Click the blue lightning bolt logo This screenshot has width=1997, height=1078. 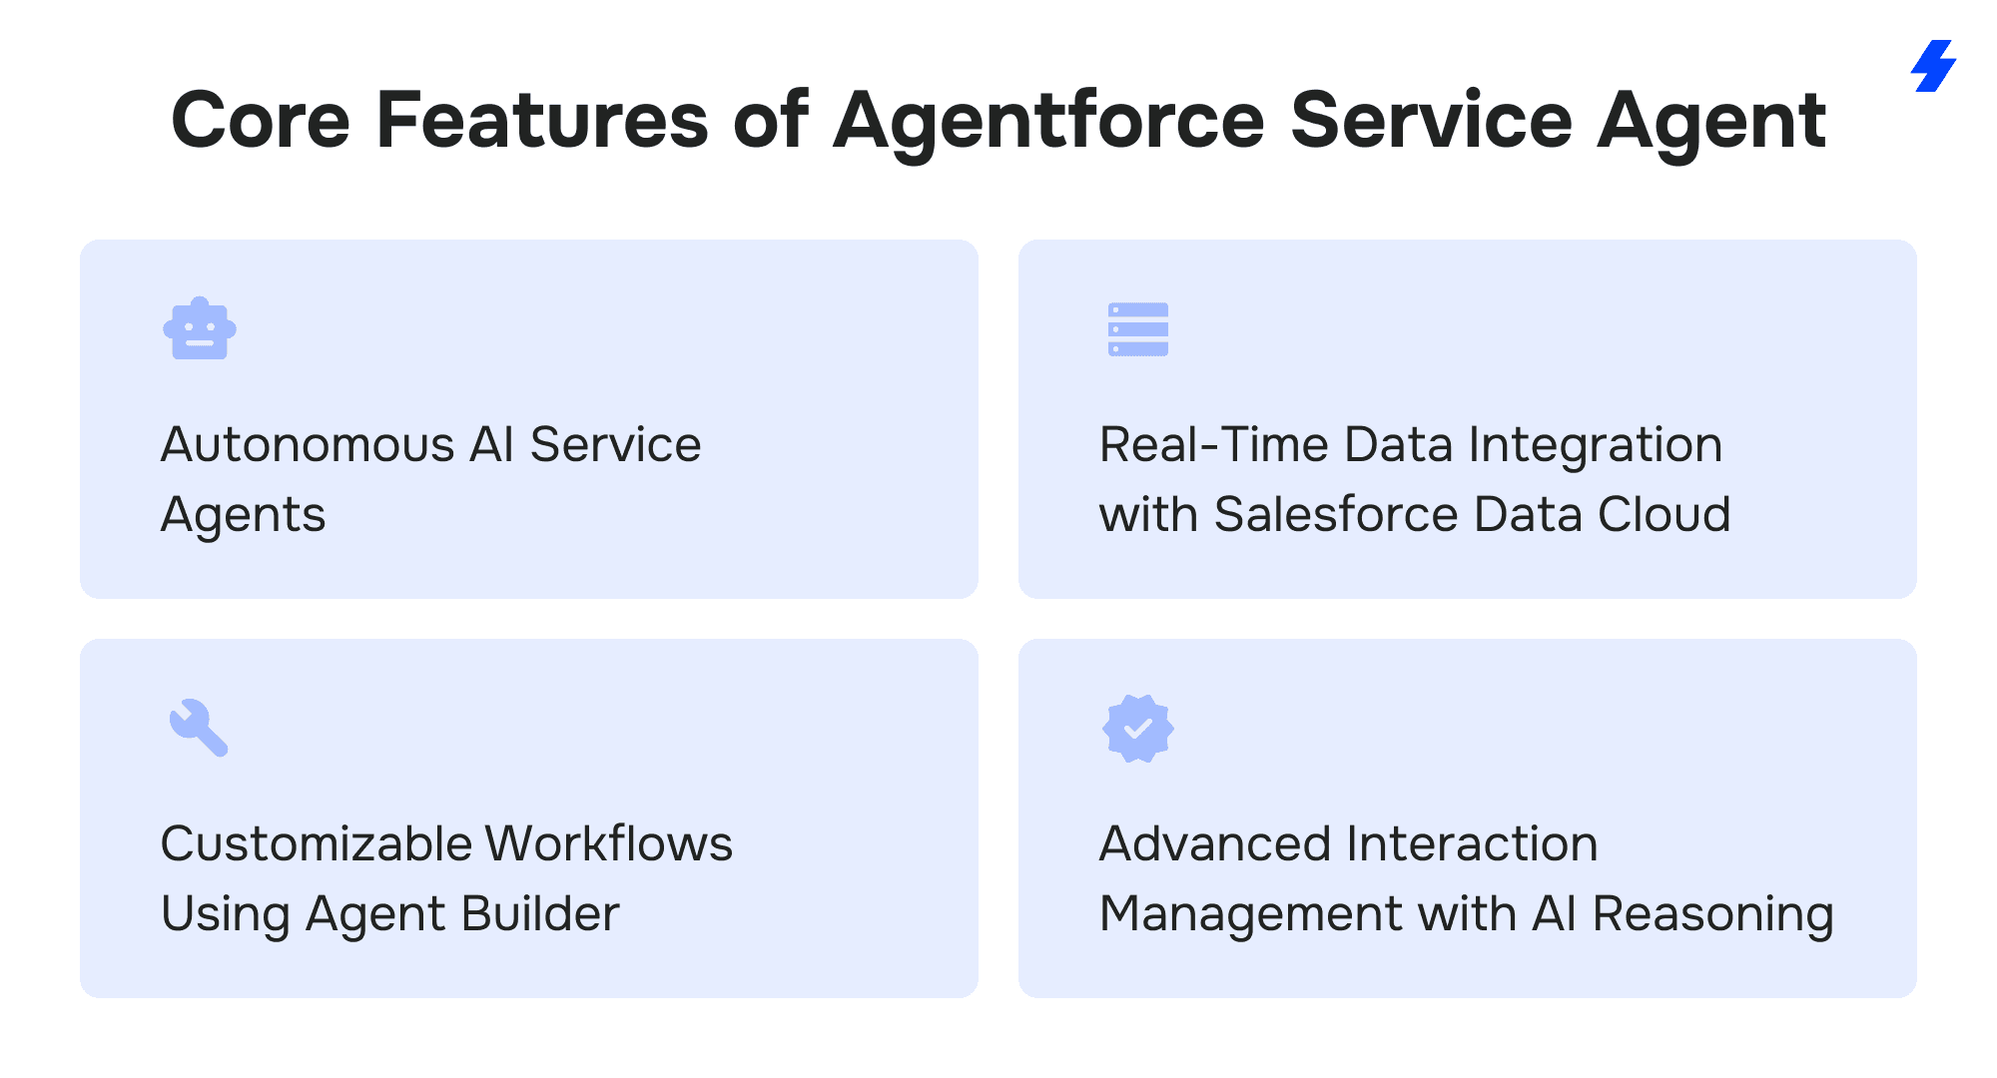[x=1934, y=66]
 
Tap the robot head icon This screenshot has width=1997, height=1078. [x=200, y=328]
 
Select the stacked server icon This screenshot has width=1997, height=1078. [x=1138, y=329]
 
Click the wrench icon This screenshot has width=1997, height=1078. [x=199, y=728]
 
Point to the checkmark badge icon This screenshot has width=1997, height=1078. [x=1138, y=729]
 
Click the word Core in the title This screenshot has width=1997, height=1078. [x=261, y=120]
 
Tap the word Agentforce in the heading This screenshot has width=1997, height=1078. [x=1049, y=122]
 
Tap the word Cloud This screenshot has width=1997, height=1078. [x=1664, y=515]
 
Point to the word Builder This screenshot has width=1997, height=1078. [x=540, y=914]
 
